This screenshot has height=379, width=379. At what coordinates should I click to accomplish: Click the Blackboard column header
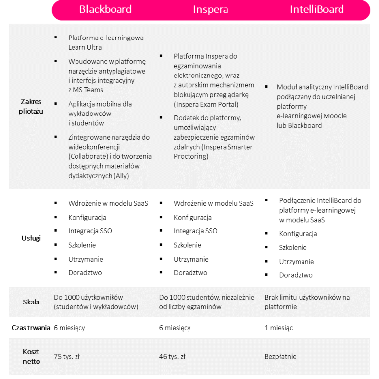pyautogui.click(x=106, y=10)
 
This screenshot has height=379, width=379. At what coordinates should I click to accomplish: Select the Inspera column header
pyautogui.click(x=211, y=10)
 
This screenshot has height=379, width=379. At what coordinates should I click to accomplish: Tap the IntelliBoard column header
pyautogui.click(x=317, y=10)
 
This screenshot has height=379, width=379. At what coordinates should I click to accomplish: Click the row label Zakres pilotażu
pyautogui.click(x=31, y=106)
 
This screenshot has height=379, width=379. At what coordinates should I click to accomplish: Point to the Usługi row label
pyautogui.click(x=31, y=238)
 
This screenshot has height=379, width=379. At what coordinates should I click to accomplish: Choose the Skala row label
pyautogui.click(x=31, y=302)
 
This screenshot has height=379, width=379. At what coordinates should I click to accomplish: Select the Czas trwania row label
pyautogui.click(x=31, y=328)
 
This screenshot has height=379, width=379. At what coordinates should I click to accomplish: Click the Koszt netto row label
pyautogui.click(x=31, y=357)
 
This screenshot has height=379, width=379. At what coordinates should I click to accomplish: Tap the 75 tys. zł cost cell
pyautogui.click(x=67, y=357)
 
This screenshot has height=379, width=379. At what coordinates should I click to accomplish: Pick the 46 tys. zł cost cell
pyautogui.click(x=172, y=357)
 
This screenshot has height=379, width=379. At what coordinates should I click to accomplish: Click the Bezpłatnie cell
pyautogui.click(x=281, y=357)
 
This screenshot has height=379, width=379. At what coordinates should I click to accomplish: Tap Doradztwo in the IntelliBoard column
pyautogui.click(x=296, y=275)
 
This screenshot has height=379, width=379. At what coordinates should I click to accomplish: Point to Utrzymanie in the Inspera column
pyautogui.click(x=191, y=259)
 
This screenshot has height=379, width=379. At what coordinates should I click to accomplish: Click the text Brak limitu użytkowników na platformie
pyautogui.click(x=307, y=302)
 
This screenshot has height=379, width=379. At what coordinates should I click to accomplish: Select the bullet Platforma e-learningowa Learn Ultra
pyautogui.click(x=106, y=42)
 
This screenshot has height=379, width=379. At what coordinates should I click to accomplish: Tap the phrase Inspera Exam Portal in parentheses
pyautogui.click(x=206, y=104)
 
